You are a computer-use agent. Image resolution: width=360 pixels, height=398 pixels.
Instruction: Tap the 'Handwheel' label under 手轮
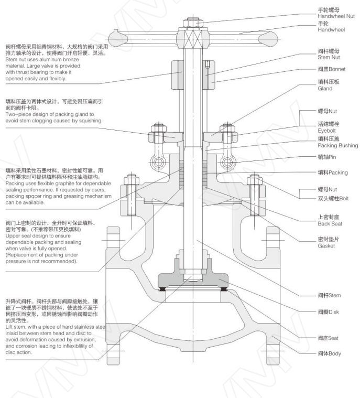tap(332, 30)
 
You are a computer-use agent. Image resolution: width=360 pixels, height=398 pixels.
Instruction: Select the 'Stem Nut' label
tap(330, 58)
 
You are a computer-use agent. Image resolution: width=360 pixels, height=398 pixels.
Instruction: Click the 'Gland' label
tap(326, 89)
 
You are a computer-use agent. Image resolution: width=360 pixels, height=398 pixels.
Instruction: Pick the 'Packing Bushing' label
tap(338, 145)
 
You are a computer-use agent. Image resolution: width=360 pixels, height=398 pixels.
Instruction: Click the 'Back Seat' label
tap(330, 223)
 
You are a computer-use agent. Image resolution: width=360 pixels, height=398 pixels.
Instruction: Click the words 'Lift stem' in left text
tap(15, 326)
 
